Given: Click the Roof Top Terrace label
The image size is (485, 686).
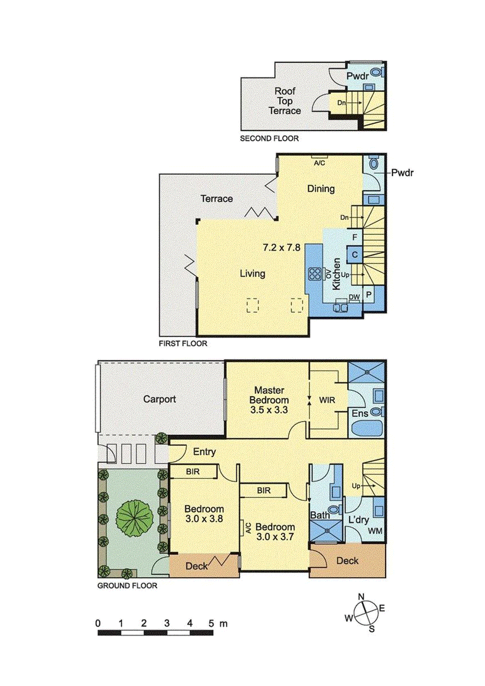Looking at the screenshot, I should pos(285,101).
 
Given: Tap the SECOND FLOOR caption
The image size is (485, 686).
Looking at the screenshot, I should pos(269,139).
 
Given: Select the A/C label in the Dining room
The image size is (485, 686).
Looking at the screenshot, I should pos(319,163).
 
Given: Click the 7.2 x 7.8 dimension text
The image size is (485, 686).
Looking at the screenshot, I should pos(281,248).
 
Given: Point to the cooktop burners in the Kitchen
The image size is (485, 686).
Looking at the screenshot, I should pos(315,274).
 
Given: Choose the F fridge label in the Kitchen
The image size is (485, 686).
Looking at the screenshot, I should pos(355,238).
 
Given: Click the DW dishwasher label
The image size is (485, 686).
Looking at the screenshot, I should pos(354,297).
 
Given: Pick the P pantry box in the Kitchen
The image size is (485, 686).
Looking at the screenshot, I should pos(369,295).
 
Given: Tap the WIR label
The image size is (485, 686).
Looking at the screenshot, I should pos(327,400).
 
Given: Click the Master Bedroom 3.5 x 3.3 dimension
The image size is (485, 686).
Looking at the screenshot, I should pos(269,410).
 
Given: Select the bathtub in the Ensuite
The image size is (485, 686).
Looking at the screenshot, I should pos(365,429).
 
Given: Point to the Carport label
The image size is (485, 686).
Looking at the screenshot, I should pos(160,399).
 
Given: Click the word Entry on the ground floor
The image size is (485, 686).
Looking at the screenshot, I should pos(205,452).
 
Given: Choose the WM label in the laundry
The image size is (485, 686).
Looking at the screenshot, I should pos(375,531).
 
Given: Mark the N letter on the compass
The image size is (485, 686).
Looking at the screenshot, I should pos(361,597).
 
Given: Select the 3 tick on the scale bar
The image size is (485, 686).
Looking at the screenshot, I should pos(167,623).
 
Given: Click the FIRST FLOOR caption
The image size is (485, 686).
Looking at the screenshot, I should pos(183,344).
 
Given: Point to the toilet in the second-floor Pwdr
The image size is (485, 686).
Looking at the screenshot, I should pos(376,73).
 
